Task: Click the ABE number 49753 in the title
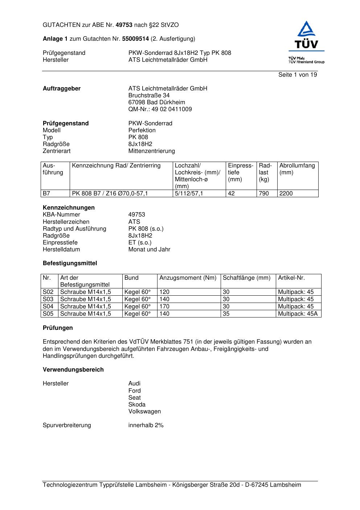tap(124, 25)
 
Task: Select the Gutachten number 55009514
tap(135, 39)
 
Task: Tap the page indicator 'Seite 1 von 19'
tap(297, 75)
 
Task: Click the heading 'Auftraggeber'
tap(62, 89)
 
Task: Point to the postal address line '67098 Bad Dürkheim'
tap(156, 102)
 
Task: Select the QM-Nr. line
tap(160, 109)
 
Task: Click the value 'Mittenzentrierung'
tap(151, 151)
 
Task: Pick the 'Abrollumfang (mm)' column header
tap(297, 169)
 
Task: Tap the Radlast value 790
tap(264, 194)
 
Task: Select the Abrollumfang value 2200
tap(286, 194)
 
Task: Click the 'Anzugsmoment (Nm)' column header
tap(188, 278)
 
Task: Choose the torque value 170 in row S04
tap(164, 307)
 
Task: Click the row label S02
tap(48, 292)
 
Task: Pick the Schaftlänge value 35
tap(226, 314)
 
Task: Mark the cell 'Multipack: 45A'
tap(298, 314)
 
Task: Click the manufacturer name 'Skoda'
tap(137, 405)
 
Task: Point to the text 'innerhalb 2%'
tap(146, 425)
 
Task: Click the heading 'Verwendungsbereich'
tap(73, 370)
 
